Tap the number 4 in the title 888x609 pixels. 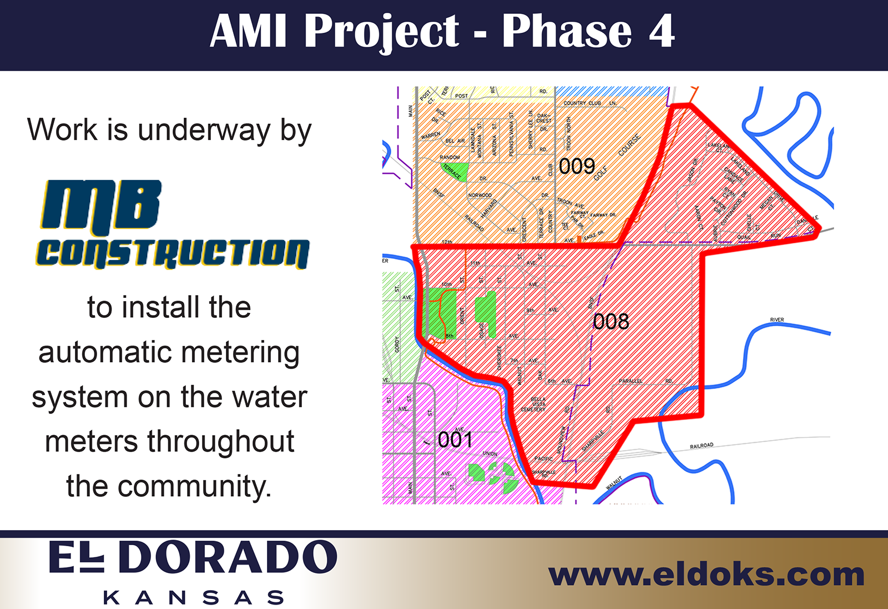click(661, 32)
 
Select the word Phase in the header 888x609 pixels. click(567, 32)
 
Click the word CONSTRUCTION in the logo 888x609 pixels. click(173, 253)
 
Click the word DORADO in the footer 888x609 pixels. click(228, 557)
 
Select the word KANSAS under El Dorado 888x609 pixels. click(194, 598)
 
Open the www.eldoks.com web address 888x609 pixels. click(706, 575)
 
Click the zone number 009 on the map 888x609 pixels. click(577, 166)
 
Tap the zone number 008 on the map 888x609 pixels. click(610, 321)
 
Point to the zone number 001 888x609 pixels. click(455, 440)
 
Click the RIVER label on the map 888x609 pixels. click(777, 320)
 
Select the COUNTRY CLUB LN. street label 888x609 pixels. click(590, 103)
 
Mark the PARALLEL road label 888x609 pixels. click(631, 381)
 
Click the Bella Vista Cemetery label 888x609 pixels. click(534, 404)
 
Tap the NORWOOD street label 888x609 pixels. click(480, 196)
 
